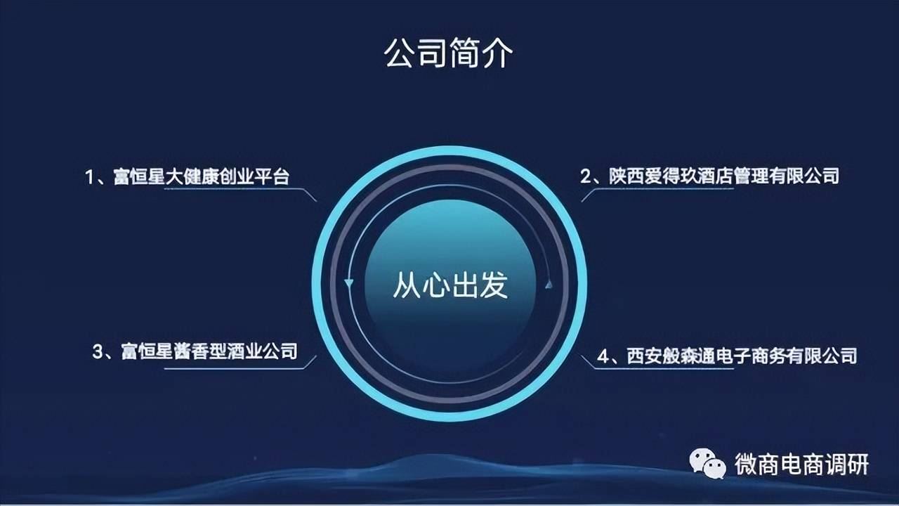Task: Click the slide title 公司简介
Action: tap(448, 53)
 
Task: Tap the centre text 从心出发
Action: tap(450, 285)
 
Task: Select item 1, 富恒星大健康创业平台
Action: tap(187, 176)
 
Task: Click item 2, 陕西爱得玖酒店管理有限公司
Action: tap(709, 176)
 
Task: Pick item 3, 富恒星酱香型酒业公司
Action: tap(195, 351)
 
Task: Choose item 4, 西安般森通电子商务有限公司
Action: tap(727, 356)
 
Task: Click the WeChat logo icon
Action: tap(707, 464)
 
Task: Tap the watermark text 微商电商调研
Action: tap(801, 465)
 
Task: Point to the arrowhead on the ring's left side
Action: tap(349, 283)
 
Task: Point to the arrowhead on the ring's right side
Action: tap(549, 284)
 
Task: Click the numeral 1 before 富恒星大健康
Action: tap(89, 177)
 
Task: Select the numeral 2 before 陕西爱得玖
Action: tap(586, 176)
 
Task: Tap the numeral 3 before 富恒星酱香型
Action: tap(98, 352)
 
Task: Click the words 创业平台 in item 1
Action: tap(254, 176)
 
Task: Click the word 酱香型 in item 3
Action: tap(200, 351)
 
